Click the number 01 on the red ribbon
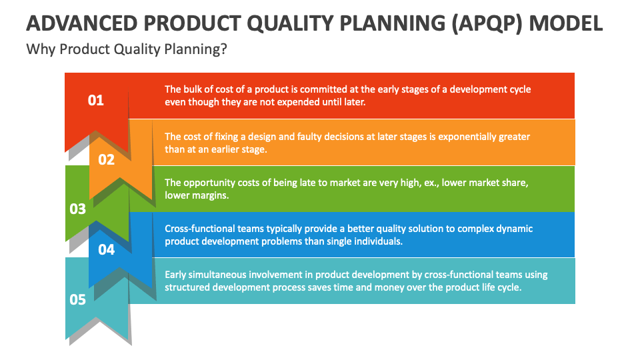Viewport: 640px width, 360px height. click(96, 101)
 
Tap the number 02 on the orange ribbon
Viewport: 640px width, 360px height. click(106, 159)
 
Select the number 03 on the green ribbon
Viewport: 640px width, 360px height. click(78, 209)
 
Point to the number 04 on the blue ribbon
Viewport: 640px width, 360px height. click(106, 249)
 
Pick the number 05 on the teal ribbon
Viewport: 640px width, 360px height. click(78, 299)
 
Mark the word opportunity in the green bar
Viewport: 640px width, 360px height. click(212, 183)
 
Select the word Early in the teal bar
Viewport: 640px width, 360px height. click(177, 275)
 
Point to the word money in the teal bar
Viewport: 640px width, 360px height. click(390, 287)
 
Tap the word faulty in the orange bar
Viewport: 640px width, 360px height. click(304, 137)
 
